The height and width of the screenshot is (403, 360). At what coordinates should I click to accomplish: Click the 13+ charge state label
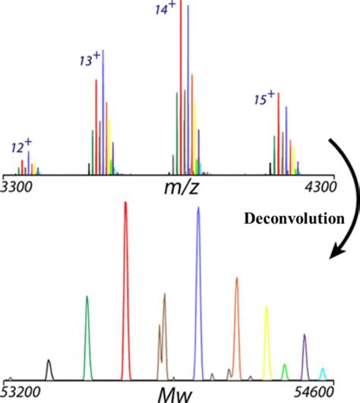point(90,59)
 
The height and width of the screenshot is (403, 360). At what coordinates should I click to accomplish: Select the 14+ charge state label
point(164,11)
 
